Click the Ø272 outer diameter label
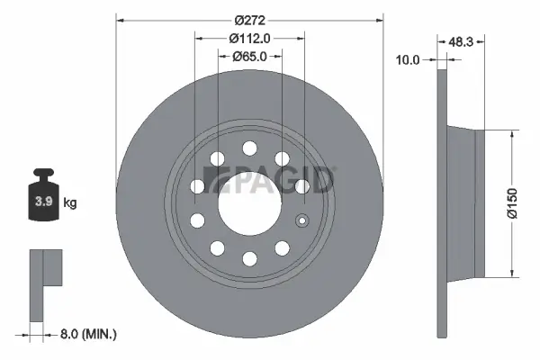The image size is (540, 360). [x=249, y=20]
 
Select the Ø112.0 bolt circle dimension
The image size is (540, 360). [x=249, y=38]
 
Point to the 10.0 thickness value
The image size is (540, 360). [x=409, y=60]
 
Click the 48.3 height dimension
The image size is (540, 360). [x=461, y=41]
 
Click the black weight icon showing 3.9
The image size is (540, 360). [x=44, y=196]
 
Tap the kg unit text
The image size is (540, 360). [x=70, y=203]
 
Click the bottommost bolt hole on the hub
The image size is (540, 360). [x=249, y=261]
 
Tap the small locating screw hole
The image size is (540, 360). [x=302, y=221]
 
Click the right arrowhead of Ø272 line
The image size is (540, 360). [x=379, y=20]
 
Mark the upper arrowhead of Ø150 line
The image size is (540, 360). [x=511, y=133]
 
